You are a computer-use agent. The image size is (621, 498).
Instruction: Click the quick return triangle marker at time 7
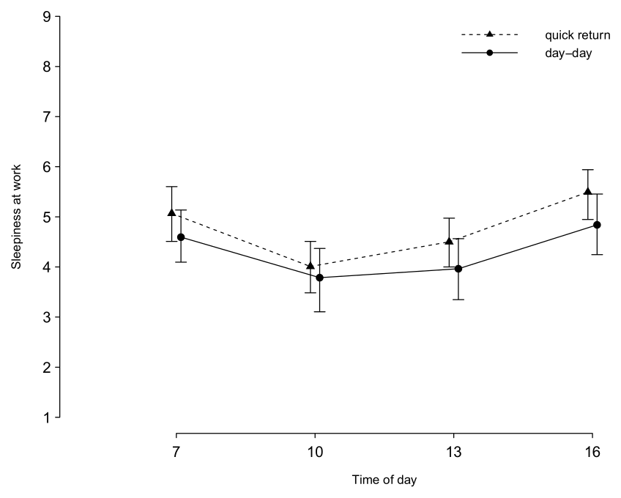pyautogui.click(x=171, y=212)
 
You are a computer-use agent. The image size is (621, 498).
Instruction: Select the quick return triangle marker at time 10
pyautogui.click(x=310, y=266)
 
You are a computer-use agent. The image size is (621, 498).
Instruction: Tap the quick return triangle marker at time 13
pyautogui.click(x=449, y=241)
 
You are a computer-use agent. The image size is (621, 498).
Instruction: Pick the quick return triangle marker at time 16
pyautogui.click(x=587, y=192)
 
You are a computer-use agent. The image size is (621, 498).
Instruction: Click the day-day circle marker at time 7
pyautogui.click(x=181, y=237)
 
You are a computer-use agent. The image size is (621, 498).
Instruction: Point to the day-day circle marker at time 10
pyautogui.click(x=319, y=278)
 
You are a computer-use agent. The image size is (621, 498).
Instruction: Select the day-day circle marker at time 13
pyautogui.click(x=458, y=269)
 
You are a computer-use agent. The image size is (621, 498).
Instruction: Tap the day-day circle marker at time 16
pyautogui.click(x=597, y=225)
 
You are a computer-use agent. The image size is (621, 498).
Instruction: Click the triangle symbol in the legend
pyautogui.click(x=490, y=34)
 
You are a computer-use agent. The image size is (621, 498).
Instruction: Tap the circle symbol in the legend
pyautogui.click(x=490, y=53)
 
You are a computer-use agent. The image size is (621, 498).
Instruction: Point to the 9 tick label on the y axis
pyautogui.click(x=46, y=16)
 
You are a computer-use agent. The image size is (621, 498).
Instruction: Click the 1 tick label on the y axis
pyautogui.click(x=46, y=417)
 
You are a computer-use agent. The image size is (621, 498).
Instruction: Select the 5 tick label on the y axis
pyautogui.click(x=46, y=217)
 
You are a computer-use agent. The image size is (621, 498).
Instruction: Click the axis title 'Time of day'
pyautogui.click(x=384, y=480)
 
